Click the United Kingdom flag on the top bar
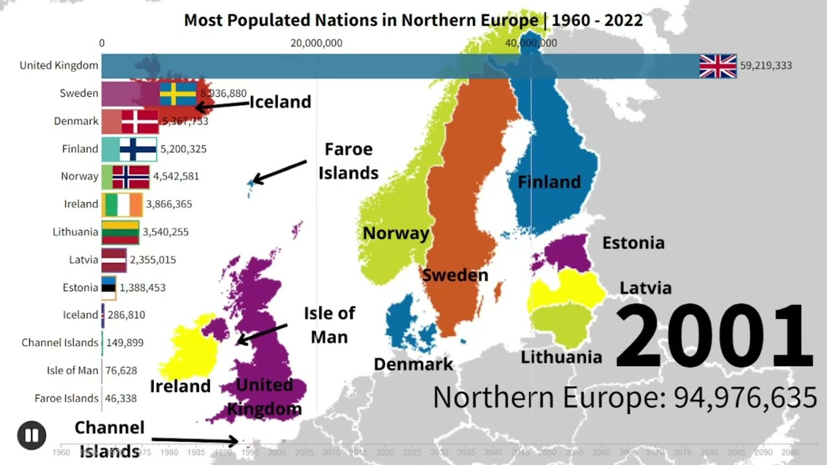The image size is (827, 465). click(x=718, y=66)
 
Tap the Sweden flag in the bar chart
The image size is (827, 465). click(x=178, y=94)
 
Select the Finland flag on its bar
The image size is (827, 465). click(x=138, y=149)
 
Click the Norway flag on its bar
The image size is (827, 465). click(x=131, y=176)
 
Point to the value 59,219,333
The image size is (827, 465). click(x=766, y=66)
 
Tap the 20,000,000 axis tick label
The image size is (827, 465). click(x=317, y=43)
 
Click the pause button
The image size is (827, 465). click(x=31, y=435)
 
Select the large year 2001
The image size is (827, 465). click(x=714, y=337)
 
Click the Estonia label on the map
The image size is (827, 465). click(x=633, y=243)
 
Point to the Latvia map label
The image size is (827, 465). click(x=645, y=288)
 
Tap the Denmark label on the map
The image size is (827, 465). click(x=413, y=364)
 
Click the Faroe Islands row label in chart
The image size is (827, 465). click(x=67, y=398)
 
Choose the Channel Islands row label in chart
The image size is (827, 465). click(x=60, y=343)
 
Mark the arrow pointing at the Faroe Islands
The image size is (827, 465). click(x=279, y=171)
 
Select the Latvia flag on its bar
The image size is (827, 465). click(x=114, y=260)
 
